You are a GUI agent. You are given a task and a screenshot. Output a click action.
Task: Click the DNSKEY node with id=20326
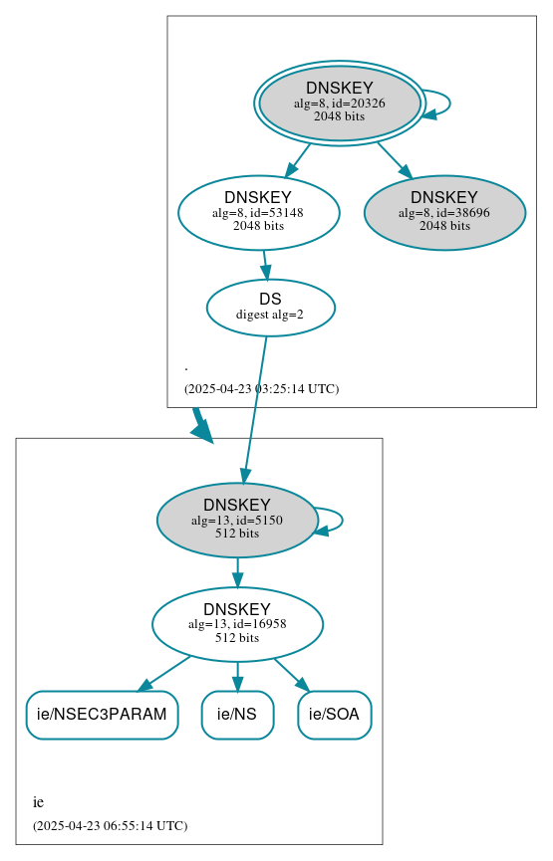(339, 104)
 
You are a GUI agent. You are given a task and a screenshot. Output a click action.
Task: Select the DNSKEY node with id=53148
(258, 212)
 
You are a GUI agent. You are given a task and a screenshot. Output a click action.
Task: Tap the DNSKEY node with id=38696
(444, 212)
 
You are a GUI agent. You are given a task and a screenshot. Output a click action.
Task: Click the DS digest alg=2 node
(270, 308)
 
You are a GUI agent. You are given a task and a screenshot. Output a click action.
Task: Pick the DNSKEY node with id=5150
(237, 520)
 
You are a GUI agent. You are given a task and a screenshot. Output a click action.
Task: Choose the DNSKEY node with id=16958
(237, 624)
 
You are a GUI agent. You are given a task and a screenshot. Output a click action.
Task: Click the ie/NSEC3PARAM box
(102, 715)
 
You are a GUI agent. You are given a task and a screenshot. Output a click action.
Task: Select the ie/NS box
(237, 715)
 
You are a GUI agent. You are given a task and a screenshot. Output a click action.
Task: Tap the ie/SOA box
(334, 715)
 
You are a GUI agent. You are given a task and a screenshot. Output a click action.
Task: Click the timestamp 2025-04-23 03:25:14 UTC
(261, 388)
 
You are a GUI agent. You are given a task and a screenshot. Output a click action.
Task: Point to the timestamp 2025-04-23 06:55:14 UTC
(110, 825)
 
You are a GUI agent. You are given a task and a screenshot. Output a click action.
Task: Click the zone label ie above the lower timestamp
(38, 802)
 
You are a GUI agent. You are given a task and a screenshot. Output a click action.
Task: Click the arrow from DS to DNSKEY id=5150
(254, 408)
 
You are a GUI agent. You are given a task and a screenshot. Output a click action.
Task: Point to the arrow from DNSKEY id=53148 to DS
(265, 264)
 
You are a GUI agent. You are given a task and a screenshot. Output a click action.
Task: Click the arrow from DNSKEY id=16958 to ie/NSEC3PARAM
(164, 673)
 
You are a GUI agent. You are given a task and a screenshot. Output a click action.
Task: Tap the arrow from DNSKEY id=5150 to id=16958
(237, 572)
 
